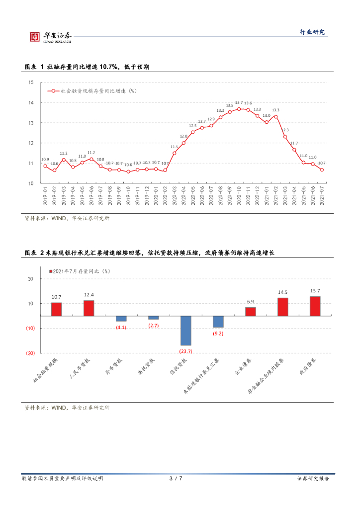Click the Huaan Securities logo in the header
(x=50, y=36)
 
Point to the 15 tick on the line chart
(x=31, y=83)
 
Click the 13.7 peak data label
(x=239, y=103)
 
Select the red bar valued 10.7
(x=56, y=309)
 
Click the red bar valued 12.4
(x=89, y=308)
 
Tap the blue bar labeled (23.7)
(x=185, y=330)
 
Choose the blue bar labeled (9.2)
(x=218, y=322)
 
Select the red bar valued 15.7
(x=315, y=306)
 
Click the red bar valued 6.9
(x=250, y=311)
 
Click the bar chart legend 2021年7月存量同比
(x=79, y=271)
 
